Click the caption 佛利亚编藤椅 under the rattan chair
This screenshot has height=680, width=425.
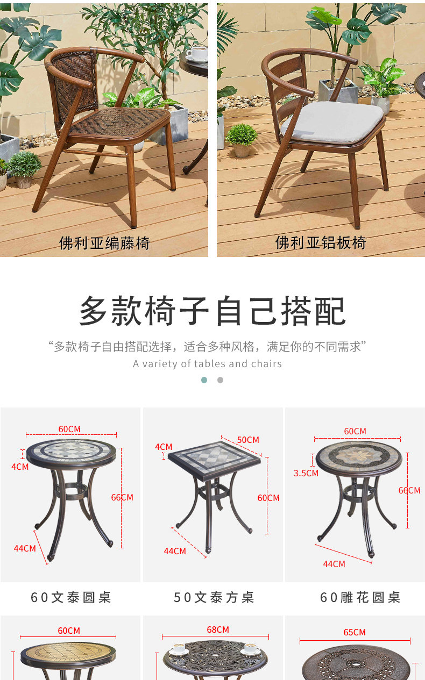104,243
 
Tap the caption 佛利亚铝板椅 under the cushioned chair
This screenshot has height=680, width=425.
321,242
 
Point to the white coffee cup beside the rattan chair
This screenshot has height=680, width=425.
197,53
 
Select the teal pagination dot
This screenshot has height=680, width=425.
204,380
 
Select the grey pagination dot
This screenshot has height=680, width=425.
220,380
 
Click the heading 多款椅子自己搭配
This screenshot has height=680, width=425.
212,311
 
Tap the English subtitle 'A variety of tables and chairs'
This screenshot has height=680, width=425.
208,364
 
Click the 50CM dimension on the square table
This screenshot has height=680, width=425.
248,440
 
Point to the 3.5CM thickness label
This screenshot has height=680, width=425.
306,473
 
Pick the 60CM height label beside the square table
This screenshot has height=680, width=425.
268,498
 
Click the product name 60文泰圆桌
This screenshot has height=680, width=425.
71,597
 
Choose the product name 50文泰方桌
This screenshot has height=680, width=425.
214,597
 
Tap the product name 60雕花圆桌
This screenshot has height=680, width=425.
360,597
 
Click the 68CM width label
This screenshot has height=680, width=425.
218,629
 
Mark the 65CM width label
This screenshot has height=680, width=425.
355,632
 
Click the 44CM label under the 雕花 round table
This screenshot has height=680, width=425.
334,564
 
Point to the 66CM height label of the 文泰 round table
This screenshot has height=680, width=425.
122,497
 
